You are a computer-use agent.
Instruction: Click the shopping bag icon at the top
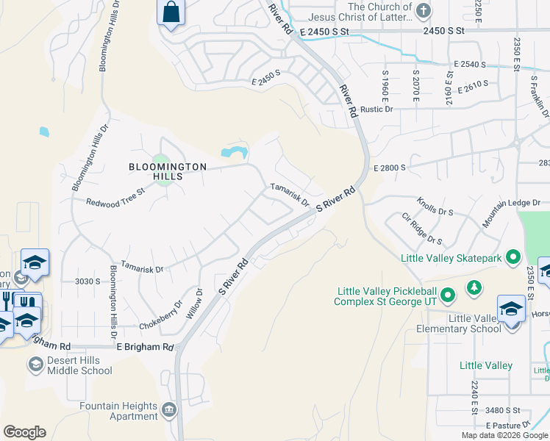tap(171, 12)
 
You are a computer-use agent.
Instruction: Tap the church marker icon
tap(423, 10)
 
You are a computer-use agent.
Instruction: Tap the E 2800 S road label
tap(390, 168)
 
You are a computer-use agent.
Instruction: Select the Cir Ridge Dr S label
tap(422, 229)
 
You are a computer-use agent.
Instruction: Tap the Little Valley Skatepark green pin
tap(513, 257)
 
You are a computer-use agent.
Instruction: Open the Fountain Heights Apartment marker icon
tap(170, 409)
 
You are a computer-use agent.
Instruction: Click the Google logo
tap(24, 431)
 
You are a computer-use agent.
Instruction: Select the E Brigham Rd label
tap(144, 347)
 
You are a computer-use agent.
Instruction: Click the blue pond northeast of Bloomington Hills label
tap(234, 152)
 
